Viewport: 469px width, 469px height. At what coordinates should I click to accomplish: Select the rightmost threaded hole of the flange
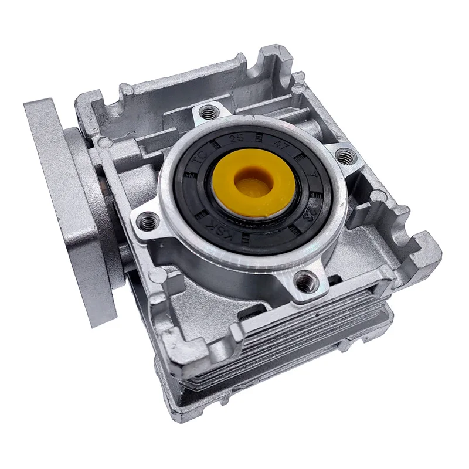(345, 155)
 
